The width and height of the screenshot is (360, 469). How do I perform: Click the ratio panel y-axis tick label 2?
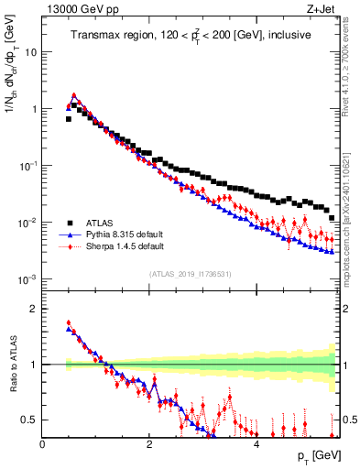[35, 309]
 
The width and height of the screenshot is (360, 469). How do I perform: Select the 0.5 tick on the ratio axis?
[31, 420]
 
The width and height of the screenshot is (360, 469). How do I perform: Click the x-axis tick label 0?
[43, 444]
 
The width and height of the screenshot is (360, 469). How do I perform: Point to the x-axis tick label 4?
[256, 444]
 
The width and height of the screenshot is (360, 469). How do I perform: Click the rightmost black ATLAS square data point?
[332, 218]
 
